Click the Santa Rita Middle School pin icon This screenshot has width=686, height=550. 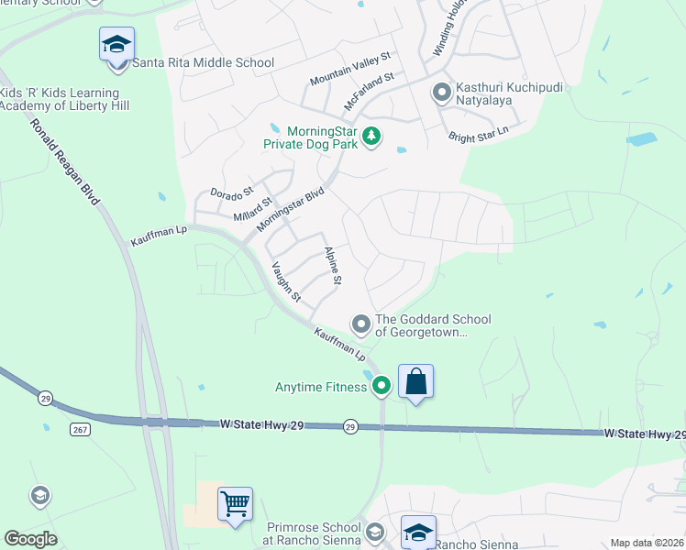(x=116, y=45)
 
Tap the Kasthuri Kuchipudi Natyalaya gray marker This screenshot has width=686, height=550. (x=441, y=92)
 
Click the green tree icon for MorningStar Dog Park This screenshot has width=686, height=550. (x=371, y=137)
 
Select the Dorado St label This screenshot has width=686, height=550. (x=231, y=193)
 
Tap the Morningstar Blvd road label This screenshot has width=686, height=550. (x=291, y=210)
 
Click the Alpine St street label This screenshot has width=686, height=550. (x=333, y=266)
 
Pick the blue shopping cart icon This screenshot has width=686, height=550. (x=235, y=503)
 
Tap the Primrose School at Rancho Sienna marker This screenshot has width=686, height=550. (x=374, y=533)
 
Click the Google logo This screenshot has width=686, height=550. (x=31, y=539)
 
